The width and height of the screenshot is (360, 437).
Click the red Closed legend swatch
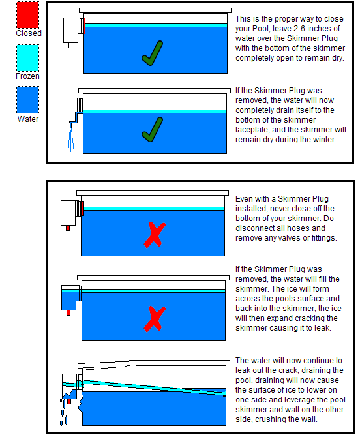[x=27, y=15]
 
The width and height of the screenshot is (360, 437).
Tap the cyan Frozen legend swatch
[x=27, y=58]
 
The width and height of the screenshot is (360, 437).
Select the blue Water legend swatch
[x=27, y=100]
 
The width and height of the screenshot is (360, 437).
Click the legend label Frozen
[x=27, y=76]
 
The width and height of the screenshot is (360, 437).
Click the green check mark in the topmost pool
[x=153, y=53]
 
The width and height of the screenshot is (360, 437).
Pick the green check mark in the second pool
[x=153, y=129]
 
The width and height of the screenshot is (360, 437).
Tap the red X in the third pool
[x=155, y=235]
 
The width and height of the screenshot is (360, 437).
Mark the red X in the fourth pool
[x=155, y=319]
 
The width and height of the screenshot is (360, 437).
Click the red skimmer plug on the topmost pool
[x=84, y=26]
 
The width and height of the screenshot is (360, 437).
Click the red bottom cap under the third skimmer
[x=68, y=228]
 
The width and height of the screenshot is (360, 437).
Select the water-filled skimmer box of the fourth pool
[x=69, y=297]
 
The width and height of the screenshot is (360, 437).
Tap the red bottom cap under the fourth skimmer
[x=68, y=312]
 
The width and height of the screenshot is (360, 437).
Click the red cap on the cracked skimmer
[x=69, y=402]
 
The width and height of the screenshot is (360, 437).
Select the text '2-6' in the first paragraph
[x=300, y=29]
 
